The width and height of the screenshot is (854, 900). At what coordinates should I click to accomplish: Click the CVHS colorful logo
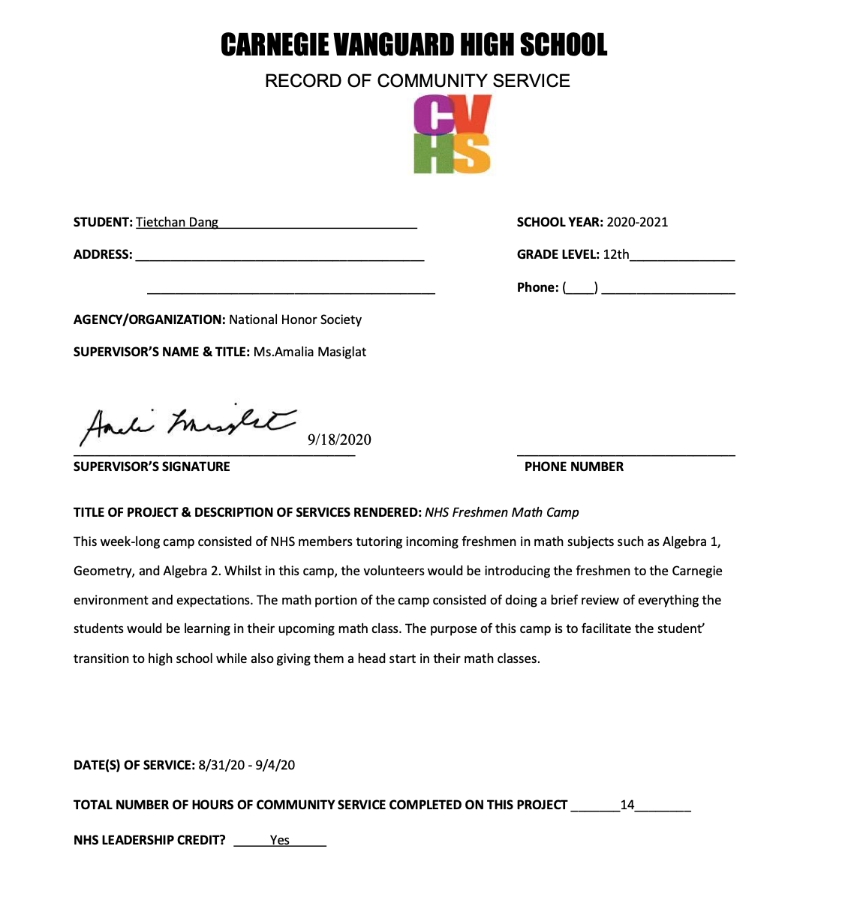(452, 135)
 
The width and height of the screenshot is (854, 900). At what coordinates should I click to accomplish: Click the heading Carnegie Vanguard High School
(413, 45)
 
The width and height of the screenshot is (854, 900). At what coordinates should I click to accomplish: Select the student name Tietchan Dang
(177, 222)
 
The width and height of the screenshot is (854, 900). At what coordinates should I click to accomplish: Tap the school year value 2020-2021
(637, 222)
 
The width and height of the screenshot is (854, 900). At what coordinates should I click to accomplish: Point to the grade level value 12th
(616, 254)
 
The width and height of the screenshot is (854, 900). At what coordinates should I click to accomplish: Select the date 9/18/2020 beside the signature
(339, 439)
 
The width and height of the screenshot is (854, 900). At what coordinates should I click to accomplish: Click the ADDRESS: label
(103, 254)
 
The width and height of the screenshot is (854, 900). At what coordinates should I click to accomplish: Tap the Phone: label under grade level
(537, 287)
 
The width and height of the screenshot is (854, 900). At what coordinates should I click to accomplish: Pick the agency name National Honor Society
(295, 319)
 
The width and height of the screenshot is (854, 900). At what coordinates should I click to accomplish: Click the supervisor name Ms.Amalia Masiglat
(310, 352)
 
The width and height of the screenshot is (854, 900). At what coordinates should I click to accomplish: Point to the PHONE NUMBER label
(573, 466)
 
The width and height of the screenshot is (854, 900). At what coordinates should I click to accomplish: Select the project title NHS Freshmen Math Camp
(502, 512)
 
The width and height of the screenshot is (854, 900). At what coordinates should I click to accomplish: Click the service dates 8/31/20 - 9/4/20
(247, 765)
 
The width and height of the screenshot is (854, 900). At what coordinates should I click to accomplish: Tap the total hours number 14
(627, 805)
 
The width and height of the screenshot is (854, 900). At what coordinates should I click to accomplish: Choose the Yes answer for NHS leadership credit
(280, 840)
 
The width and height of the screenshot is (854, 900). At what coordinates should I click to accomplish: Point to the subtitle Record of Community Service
(417, 81)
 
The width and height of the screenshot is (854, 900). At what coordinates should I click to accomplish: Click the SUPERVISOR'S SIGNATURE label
(152, 466)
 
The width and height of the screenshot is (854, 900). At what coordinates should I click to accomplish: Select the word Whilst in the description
(243, 571)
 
